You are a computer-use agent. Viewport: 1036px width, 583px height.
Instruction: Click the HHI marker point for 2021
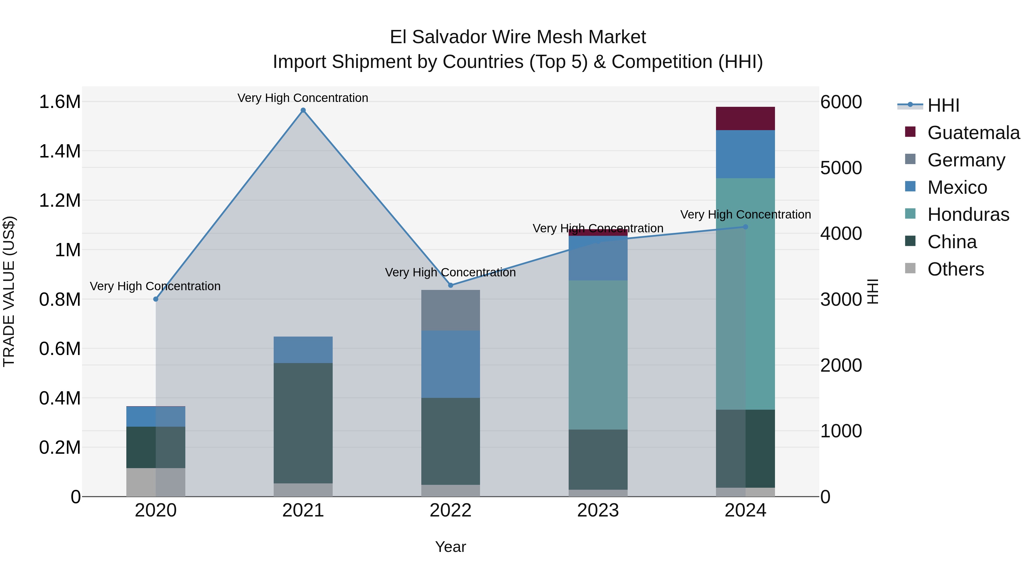click(303, 110)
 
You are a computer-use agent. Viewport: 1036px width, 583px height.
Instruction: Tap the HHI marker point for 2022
click(450, 285)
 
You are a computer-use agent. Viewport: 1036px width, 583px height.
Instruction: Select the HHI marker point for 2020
click(156, 299)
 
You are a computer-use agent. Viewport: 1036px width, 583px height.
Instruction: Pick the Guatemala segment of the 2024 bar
click(745, 118)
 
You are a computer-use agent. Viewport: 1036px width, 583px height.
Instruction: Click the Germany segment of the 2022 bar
click(450, 310)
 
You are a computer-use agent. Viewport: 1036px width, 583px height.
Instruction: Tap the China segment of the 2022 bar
click(450, 441)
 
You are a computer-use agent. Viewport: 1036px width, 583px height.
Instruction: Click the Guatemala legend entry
click(973, 133)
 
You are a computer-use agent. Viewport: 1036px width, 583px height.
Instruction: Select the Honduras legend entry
click(968, 214)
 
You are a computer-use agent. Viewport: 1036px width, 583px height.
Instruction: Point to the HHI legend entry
click(943, 105)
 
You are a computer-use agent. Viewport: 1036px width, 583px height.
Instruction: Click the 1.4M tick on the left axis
click(60, 151)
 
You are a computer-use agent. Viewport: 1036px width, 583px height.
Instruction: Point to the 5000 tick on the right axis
click(841, 168)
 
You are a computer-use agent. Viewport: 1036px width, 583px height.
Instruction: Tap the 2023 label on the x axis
click(598, 510)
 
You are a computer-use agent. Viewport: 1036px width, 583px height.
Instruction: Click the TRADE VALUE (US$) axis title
click(9, 291)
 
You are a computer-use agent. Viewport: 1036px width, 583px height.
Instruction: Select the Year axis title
click(450, 547)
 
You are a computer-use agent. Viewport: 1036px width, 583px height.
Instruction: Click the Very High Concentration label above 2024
click(745, 214)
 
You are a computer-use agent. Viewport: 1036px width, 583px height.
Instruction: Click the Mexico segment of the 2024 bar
click(745, 154)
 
